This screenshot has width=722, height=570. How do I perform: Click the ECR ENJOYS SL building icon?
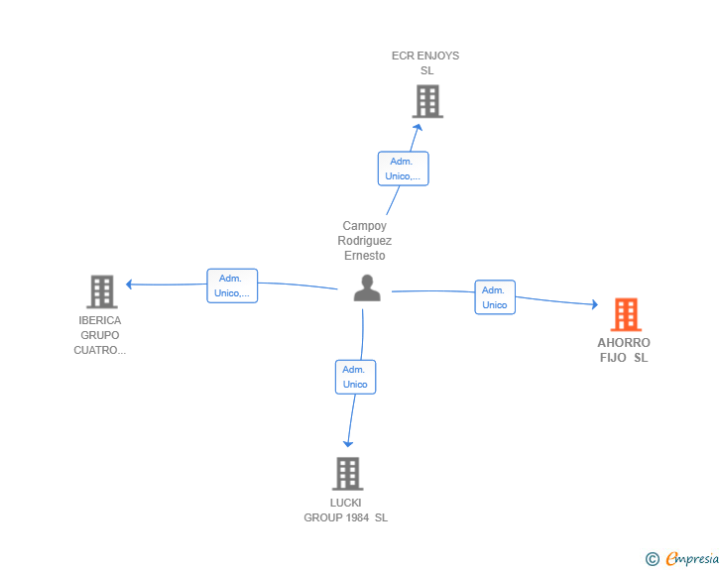[427, 101]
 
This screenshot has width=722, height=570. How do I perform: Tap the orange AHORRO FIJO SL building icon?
[626, 314]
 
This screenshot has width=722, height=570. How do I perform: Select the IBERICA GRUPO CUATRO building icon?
[102, 291]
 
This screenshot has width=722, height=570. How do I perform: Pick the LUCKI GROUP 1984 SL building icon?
[348, 474]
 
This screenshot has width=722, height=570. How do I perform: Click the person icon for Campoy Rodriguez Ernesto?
[367, 287]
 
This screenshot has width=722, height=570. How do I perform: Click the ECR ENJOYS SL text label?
[425, 63]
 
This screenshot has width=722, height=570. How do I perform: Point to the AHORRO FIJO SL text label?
[624, 350]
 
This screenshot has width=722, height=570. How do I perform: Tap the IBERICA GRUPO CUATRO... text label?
[100, 335]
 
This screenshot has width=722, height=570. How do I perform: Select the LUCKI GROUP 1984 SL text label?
[345, 511]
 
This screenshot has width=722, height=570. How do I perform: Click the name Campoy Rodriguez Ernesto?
[365, 240]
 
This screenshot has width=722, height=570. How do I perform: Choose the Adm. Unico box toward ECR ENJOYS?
[404, 169]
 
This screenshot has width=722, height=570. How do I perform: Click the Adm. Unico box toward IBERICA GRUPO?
[232, 285]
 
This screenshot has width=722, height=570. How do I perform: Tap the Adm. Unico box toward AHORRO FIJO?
[495, 297]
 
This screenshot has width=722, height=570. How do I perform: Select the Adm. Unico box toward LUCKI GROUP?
[355, 377]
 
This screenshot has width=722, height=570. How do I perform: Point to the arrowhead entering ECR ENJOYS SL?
[419, 127]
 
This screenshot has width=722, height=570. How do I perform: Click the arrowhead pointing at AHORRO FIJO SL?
[595, 304]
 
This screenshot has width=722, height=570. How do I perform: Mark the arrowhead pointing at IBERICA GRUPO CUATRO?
[129, 285]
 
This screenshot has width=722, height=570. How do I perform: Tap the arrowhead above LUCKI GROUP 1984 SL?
[348, 444]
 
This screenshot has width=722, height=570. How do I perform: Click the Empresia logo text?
[692, 559]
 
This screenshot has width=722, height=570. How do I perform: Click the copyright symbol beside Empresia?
[652, 559]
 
